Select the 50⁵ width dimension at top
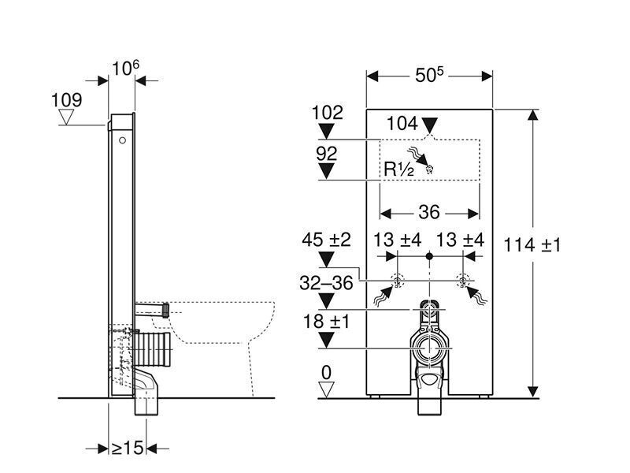(x=430, y=75)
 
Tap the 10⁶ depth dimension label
(x=125, y=69)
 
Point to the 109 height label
(x=66, y=100)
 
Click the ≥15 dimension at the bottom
(x=127, y=448)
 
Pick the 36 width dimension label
(x=429, y=213)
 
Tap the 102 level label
(x=328, y=113)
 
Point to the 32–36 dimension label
(x=326, y=282)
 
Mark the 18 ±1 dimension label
(x=326, y=321)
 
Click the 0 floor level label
(x=326, y=371)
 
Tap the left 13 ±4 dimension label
(x=398, y=240)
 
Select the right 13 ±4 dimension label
(x=461, y=240)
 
